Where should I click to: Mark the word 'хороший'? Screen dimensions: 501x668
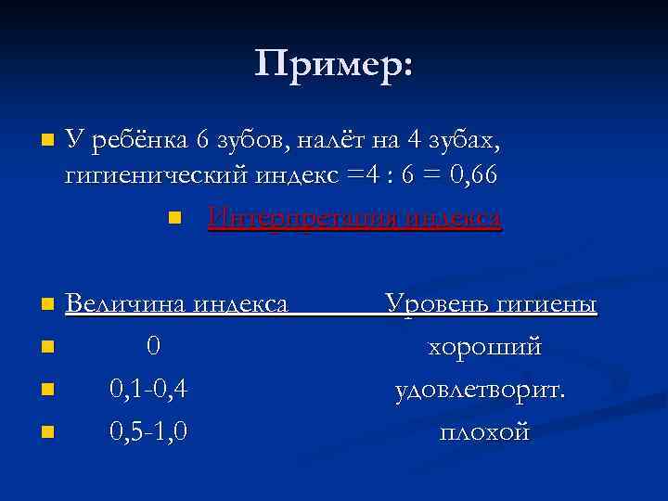click(x=484, y=347)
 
